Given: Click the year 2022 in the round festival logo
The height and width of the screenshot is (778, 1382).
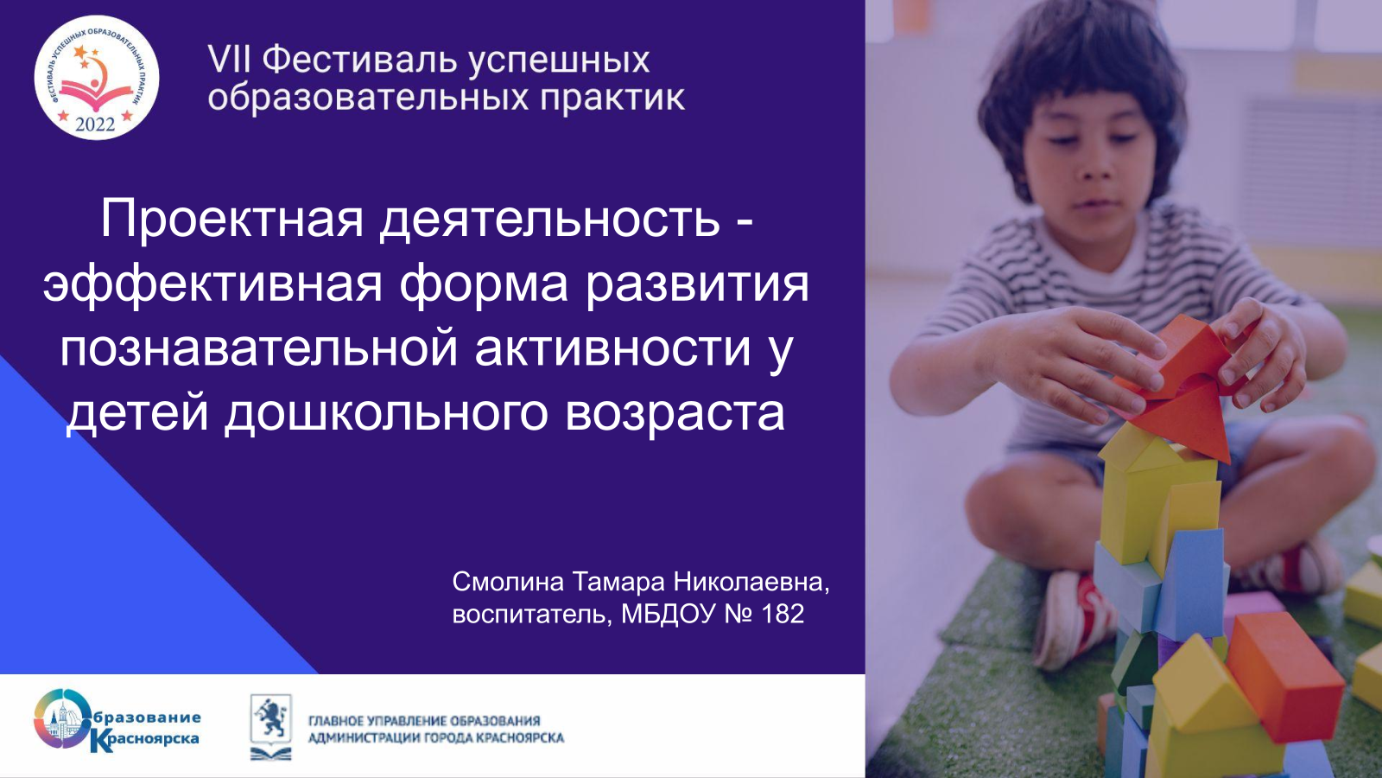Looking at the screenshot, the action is (x=95, y=124).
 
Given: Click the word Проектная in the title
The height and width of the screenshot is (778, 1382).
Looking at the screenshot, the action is (x=232, y=220).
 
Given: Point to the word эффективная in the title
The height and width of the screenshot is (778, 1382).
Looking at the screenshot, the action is (x=212, y=285).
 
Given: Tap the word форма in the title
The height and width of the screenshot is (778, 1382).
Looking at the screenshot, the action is (x=484, y=285).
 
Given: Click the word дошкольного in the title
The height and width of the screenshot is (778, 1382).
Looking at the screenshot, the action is (x=386, y=412).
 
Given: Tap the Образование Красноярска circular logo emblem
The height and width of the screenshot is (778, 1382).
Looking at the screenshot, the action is (x=62, y=719).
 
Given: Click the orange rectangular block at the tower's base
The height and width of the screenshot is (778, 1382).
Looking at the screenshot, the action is (x=1284, y=676).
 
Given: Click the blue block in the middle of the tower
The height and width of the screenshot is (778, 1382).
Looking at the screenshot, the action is (x=1191, y=583).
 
